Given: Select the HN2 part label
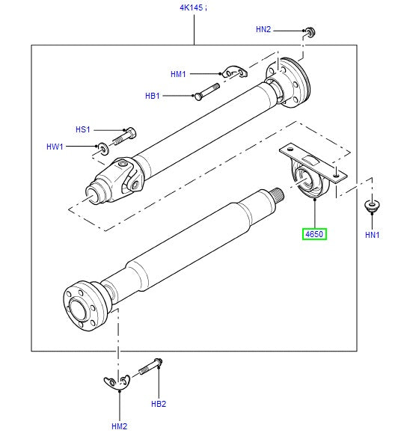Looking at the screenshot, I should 263,30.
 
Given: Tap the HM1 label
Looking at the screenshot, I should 178,74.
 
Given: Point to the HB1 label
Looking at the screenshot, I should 153,96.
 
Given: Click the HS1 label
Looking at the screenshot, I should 82,130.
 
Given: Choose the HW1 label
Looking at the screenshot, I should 55,147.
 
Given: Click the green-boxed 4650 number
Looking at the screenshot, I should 315,235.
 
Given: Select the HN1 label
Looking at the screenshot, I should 373,235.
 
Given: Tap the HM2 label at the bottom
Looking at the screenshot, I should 119,426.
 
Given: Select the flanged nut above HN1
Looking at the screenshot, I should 370,204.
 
